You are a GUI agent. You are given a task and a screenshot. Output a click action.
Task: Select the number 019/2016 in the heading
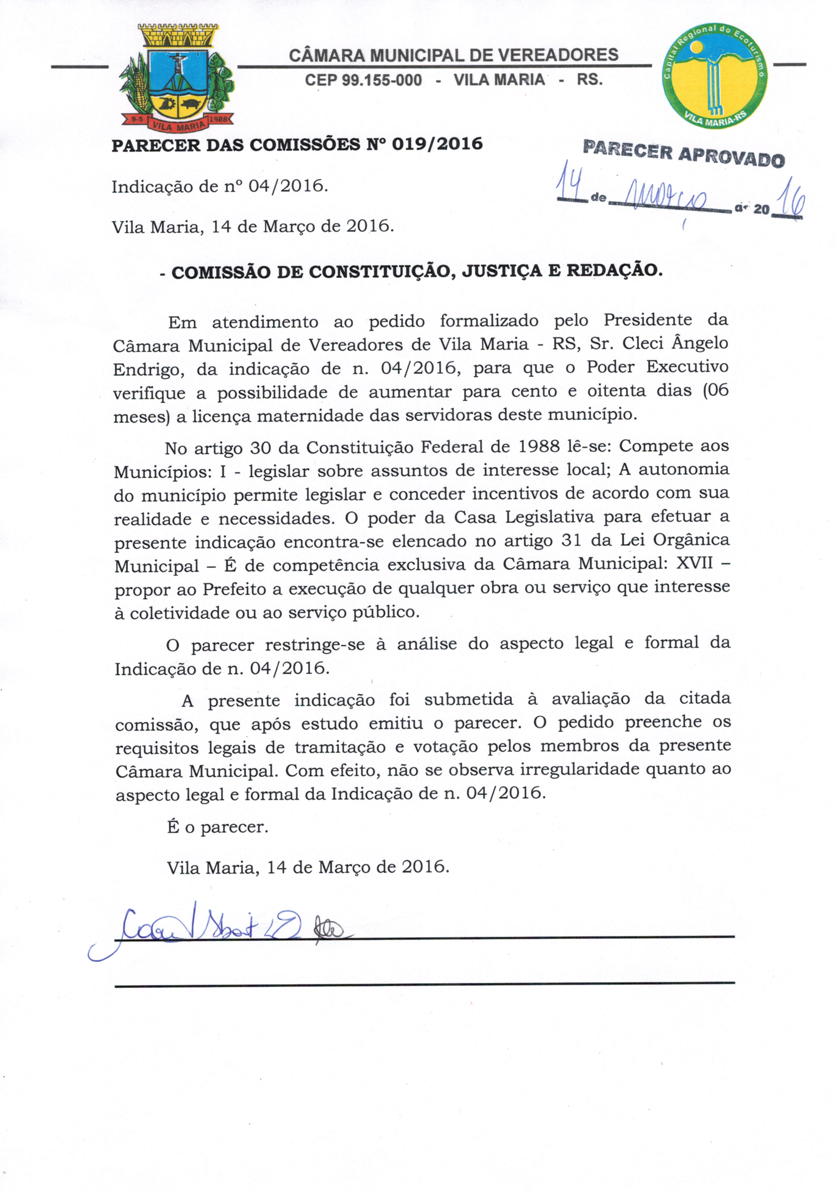[437, 144]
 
